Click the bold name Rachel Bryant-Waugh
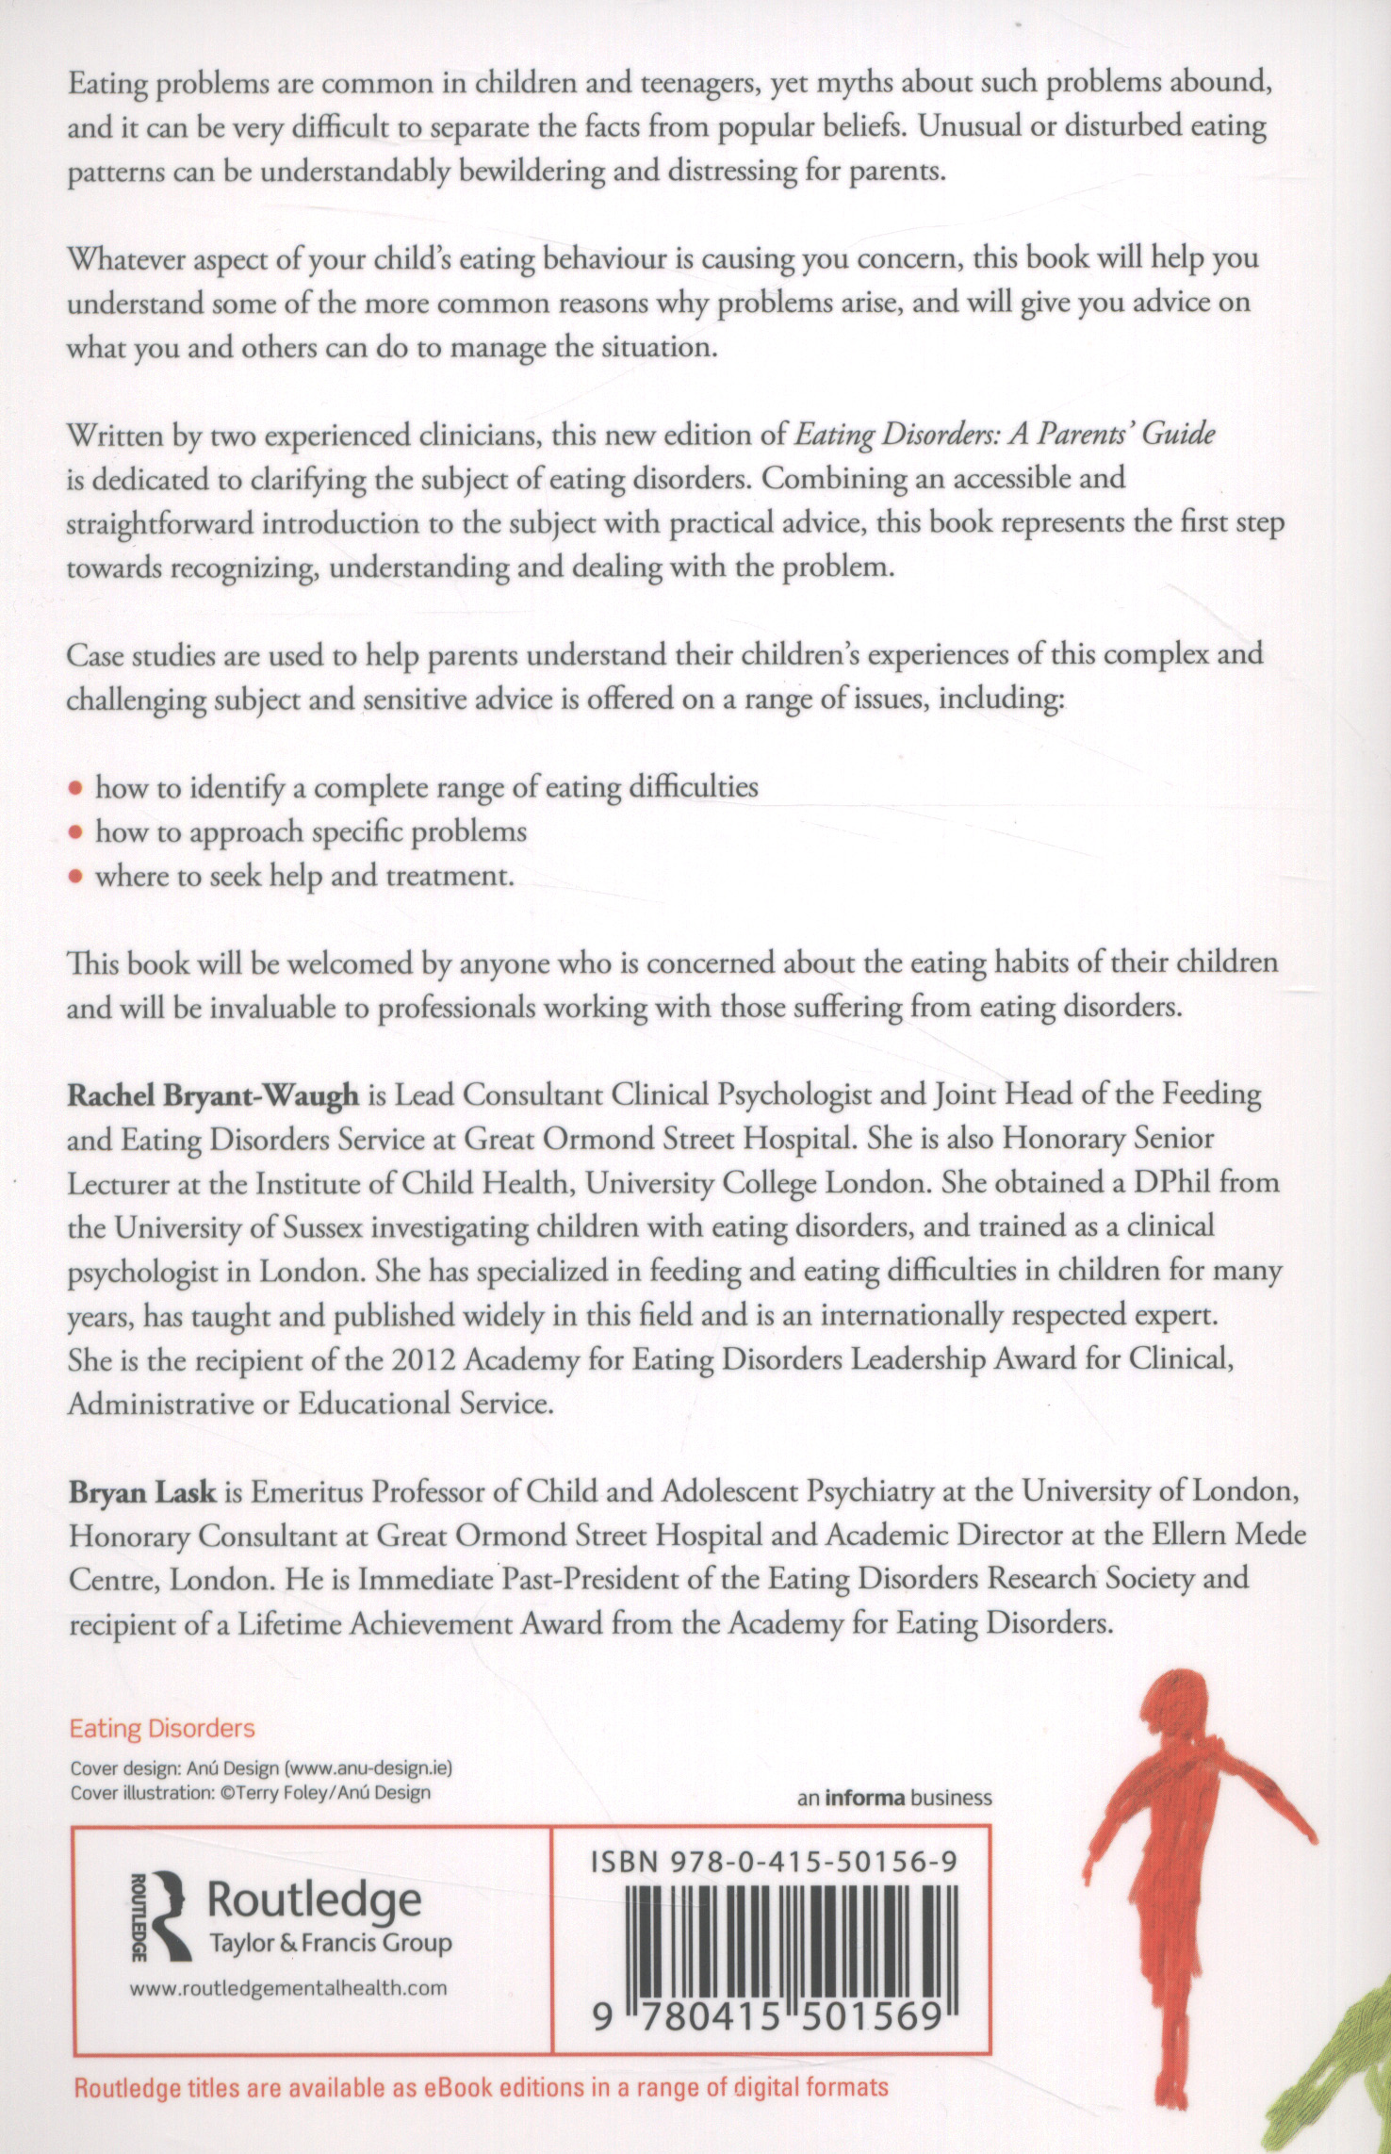(213, 1095)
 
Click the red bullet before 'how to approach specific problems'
(77, 832)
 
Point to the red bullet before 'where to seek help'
(77, 877)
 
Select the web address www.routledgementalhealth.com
(287, 1988)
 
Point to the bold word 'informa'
(864, 1797)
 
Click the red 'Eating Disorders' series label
(162, 1728)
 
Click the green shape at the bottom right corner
(1338, 2102)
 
